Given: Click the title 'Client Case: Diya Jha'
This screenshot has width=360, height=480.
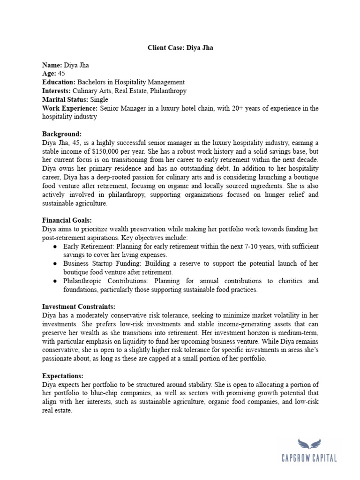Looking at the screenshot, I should point(180,48).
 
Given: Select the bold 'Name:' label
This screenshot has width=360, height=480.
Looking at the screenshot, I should point(51,65).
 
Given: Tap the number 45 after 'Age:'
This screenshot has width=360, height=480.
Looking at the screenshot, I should point(62,74).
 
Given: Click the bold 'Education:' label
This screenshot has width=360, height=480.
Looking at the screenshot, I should point(59,82).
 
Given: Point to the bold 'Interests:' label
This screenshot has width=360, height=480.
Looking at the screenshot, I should point(56,91).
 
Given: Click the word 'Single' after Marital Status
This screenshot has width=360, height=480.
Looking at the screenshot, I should point(98,99).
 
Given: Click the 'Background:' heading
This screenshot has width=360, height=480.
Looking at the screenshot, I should point(62,134).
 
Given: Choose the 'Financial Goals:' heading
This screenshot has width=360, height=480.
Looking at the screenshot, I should point(67,220).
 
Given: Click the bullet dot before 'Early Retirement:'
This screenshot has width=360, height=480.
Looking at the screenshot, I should point(55,246).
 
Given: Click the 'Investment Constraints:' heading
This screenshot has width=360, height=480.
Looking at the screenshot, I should point(78,307).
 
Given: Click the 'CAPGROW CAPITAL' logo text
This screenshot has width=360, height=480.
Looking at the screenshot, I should point(310,458).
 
